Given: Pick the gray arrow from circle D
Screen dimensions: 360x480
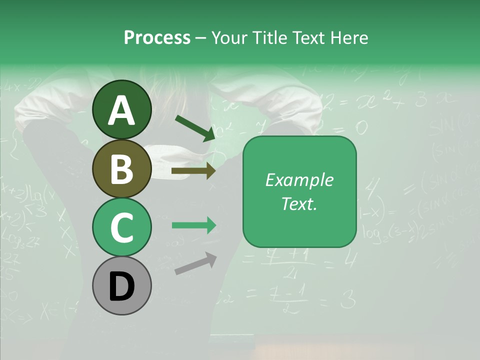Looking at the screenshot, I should (x=195, y=263).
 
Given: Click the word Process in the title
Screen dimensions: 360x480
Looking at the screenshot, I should (x=157, y=37).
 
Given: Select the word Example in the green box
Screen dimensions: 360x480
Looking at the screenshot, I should (x=299, y=180).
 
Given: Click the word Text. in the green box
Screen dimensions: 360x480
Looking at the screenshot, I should (x=299, y=203).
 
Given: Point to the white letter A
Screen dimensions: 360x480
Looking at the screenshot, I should (x=122, y=110).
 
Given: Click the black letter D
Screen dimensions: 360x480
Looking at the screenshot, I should (x=122, y=286).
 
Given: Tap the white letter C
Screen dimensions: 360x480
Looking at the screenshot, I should (x=122, y=227).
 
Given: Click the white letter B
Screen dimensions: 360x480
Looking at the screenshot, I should (x=122, y=169).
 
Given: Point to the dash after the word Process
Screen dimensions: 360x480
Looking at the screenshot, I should (x=200, y=38).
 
